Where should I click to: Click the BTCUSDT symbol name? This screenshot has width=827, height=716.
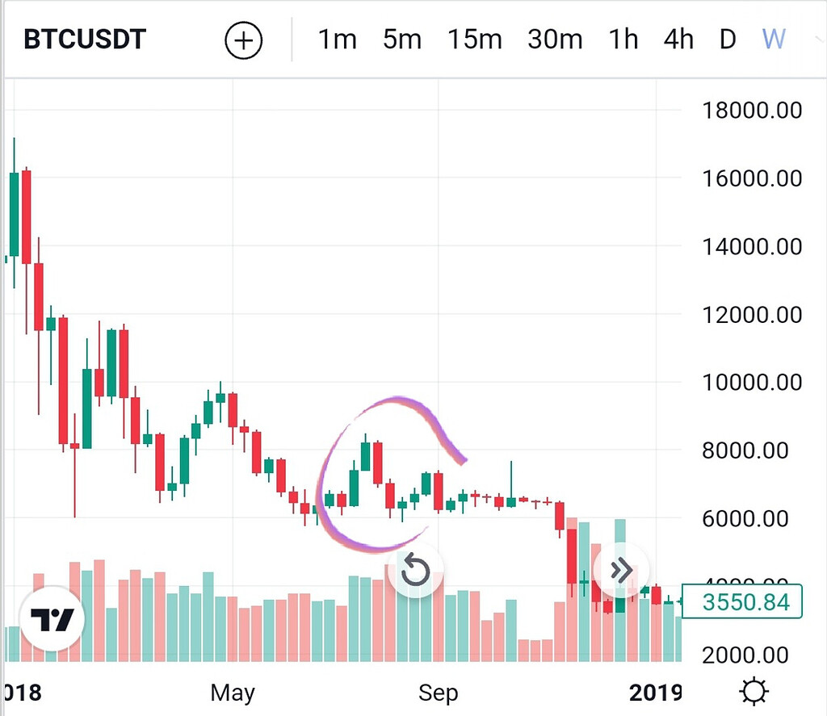85,40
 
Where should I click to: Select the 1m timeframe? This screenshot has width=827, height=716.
337,40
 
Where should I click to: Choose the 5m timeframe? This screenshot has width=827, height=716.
402,40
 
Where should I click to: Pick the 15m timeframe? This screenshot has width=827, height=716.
474,40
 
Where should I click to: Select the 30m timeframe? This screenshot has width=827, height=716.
555,40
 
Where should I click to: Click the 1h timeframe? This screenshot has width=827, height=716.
623,40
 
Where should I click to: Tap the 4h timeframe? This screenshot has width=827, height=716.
678,40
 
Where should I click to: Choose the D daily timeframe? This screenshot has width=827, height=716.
728,40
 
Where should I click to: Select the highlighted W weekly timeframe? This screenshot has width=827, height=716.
774,40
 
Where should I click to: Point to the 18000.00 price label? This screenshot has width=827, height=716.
752,110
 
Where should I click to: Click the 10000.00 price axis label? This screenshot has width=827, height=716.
752,382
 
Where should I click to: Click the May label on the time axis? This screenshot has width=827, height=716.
233,693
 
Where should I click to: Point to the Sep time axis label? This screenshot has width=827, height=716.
438,693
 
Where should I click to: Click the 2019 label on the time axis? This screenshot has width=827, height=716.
656,693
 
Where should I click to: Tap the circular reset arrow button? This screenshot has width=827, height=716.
415,571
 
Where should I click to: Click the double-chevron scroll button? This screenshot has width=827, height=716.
621,570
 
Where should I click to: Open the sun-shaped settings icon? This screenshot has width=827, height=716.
754,692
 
